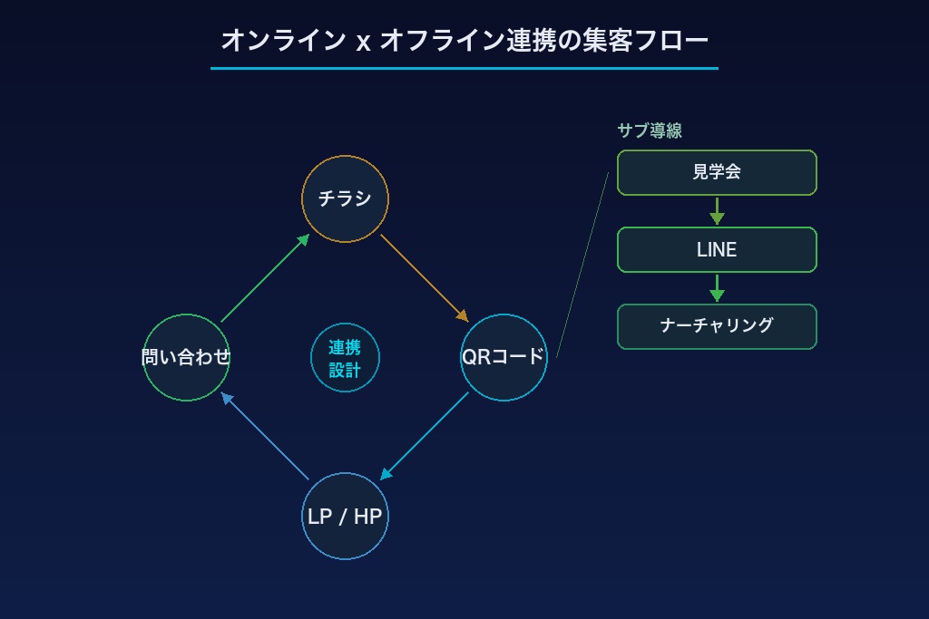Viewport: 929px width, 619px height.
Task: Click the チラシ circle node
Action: tap(345, 198)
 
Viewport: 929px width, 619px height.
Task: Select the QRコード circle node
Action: tap(504, 357)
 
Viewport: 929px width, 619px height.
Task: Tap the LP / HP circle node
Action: tap(345, 516)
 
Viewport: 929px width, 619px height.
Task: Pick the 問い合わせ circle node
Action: tap(186, 357)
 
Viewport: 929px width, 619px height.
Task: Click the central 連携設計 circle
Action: tap(345, 358)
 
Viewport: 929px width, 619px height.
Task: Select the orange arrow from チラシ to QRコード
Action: tap(424, 277)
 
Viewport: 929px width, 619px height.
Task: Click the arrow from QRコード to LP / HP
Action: tap(425, 437)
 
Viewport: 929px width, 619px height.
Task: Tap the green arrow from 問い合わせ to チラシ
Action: tap(265, 278)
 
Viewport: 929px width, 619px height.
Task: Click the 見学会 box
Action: tap(717, 172)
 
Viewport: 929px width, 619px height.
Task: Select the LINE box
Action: tap(717, 249)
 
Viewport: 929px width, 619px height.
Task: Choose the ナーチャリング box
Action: tap(717, 326)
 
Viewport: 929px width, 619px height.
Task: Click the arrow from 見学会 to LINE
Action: tap(717, 211)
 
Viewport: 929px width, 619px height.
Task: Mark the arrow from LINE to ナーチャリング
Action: tap(717, 288)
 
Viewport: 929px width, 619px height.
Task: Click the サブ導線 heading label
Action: tap(650, 131)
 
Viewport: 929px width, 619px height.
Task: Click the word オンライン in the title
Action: tap(283, 40)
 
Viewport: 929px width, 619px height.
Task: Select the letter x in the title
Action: tap(363, 42)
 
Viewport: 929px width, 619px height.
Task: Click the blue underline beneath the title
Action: tap(464, 68)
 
